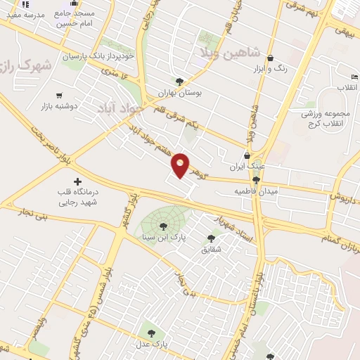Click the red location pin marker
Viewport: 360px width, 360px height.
click(x=181, y=165)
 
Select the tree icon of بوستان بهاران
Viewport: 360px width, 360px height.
click(x=180, y=82)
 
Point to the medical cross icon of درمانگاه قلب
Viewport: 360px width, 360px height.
click(x=77, y=183)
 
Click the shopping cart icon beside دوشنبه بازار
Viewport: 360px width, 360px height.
click(x=58, y=96)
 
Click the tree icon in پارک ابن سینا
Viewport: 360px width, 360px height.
click(x=163, y=226)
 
